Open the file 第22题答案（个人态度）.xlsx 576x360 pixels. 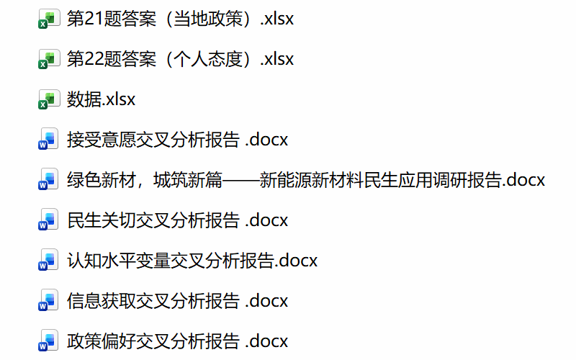[x=180, y=59]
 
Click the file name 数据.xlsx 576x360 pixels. [x=102, y=99]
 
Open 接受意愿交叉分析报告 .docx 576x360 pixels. [x=177, y=140]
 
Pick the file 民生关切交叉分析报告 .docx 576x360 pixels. [x=177, y=220]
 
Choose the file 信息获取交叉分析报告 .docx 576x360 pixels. [x=177, y=300]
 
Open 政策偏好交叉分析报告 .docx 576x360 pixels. [x=177, y=341]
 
